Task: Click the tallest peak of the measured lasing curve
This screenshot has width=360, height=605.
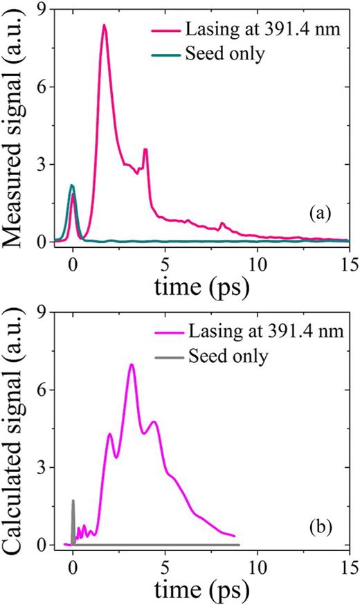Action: tap(104, 26)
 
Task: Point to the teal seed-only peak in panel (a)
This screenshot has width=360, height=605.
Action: tap(71, 186)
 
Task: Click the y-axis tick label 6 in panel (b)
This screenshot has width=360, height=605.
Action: tap(40, 390)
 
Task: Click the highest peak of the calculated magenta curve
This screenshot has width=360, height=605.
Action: tap(132, 364)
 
